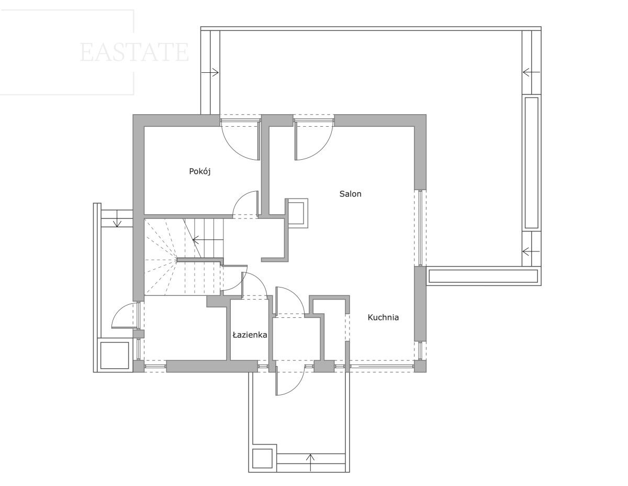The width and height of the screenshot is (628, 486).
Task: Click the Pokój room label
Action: (200, 171)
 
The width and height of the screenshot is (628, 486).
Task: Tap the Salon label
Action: (350, 194)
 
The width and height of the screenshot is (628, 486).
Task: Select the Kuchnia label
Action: (383, 317)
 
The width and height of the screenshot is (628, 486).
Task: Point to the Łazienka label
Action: (250, 335)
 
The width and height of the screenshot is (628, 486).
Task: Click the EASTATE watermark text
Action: (134, 52)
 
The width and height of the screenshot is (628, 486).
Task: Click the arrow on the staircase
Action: (208, 240)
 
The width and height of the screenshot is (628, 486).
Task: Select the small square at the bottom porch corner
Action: (263, 459)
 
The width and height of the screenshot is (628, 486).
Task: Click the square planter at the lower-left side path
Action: (115, 355)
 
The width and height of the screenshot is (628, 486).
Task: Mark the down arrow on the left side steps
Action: (117, 219)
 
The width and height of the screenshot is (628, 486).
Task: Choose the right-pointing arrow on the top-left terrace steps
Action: (210, 72)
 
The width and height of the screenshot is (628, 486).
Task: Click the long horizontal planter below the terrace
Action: (483, 276)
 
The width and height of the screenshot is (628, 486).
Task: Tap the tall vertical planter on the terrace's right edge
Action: (532, 163)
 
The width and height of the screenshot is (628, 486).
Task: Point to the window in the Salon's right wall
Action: (420, 227)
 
